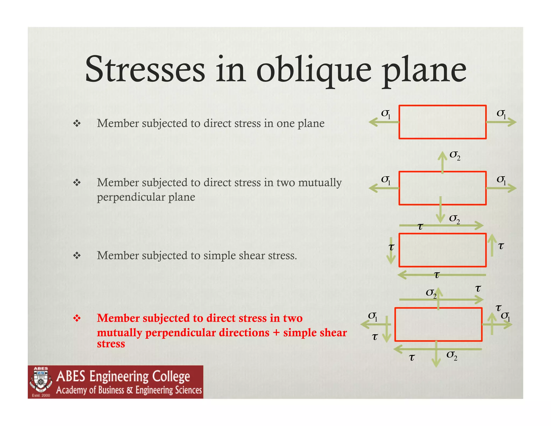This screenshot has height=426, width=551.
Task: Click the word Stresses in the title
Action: tap(145, 69)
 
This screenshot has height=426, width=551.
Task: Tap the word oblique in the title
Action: tap(314, 71)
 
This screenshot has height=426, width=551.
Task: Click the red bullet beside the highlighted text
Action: tap(77, 318)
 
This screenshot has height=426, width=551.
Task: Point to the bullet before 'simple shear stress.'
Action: tap(77, 255)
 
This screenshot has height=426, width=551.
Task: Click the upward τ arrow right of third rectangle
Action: tap(492, 245)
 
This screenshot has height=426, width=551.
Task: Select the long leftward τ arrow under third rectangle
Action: tap(441, 275)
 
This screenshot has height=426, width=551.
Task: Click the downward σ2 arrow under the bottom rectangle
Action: tap(436, 354)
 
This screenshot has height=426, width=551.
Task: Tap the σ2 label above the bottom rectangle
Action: tap(431, 293)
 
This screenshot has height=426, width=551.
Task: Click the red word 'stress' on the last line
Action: tap(111, 344)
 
